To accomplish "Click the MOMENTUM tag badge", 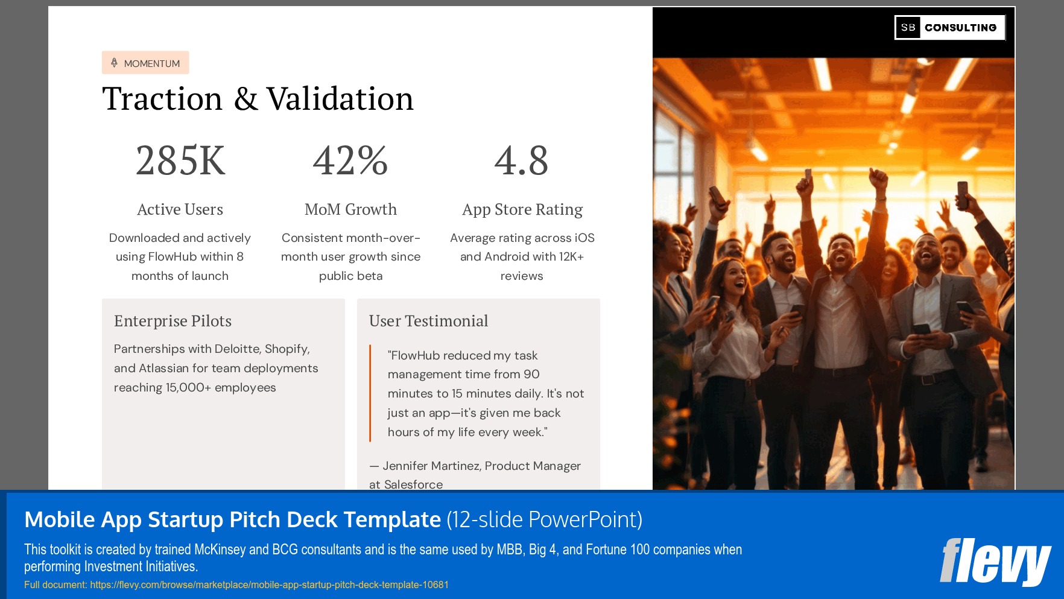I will point(145,63).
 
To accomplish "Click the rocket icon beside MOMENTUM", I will point(114,63).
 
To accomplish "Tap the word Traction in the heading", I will point(162,99).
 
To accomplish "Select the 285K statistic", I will point(180,160).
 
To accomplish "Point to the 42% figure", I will point(350,160).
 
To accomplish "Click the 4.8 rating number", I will point(521,160).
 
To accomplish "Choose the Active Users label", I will point(180,209).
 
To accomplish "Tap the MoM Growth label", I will point(350,209).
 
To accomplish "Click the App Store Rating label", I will point(522,209).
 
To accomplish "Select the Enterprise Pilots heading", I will point(173,321).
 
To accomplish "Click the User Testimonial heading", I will point(428,321).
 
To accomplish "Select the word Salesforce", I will point(413,484).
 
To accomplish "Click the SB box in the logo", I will point(908,28).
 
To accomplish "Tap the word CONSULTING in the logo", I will point(960,28).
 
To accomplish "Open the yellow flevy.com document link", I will point(269,585).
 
